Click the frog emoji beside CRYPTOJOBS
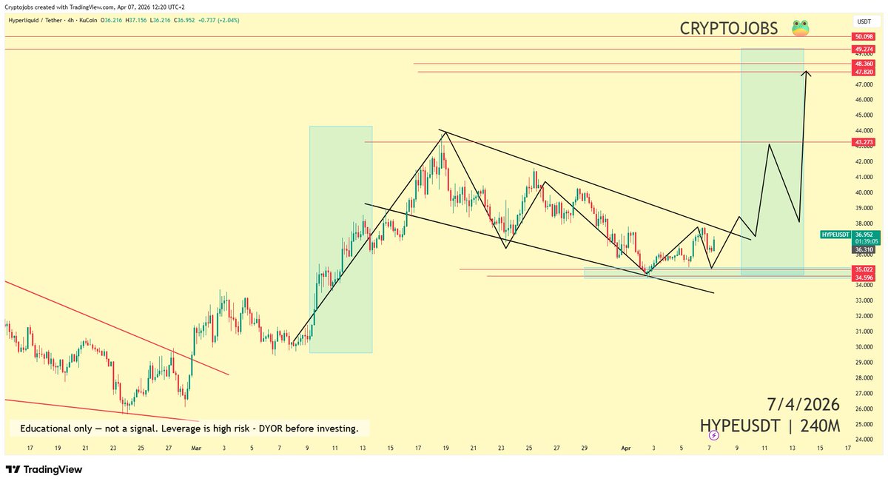pyautogui.click(x=800, y=29)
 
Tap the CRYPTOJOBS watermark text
pyautogui.click(x=729, y=29)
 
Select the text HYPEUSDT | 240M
pyautogui.click(x=770, y=426)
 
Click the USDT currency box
pyautogui.click(x=863, y=22)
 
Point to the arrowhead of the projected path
pyautogui.click(x=808, y=72)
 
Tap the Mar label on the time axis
pyautogui.click(x=196, y=448)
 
